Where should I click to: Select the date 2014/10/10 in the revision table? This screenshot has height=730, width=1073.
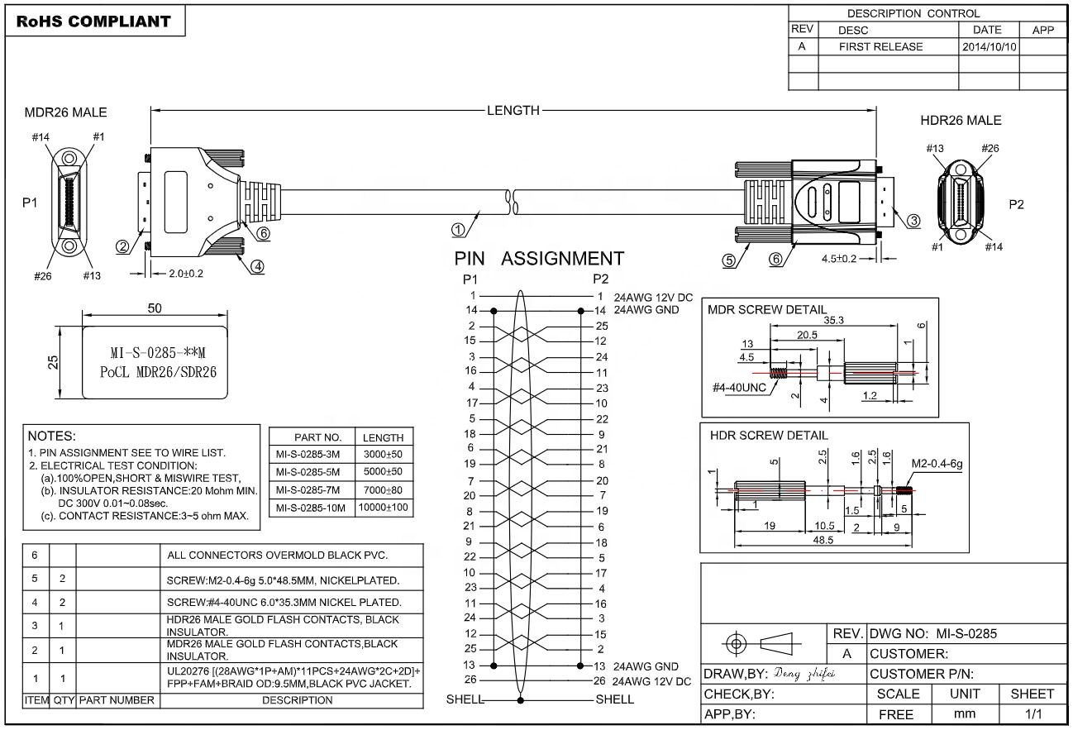click(989, 47)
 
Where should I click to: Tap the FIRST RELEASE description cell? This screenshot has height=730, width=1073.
click(880, 47)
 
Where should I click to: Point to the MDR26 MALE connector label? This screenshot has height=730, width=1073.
click(65, 112)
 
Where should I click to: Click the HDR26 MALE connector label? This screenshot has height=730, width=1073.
click(961, 121)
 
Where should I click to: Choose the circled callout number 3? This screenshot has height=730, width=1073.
click(913, 221)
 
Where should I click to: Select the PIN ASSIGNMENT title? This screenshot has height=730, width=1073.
click(539, 259)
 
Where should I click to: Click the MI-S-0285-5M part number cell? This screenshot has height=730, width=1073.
click(310, 472)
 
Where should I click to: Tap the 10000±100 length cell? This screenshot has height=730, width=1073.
click(384, 507)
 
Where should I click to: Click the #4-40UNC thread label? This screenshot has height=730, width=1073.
click(740, 387)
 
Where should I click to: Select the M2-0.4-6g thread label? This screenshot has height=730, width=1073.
click(937, 463)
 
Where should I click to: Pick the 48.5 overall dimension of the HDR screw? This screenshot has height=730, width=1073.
click(820, 541)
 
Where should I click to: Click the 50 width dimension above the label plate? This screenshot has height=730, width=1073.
click(155, 308)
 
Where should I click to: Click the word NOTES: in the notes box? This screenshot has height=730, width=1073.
click(52, 436)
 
